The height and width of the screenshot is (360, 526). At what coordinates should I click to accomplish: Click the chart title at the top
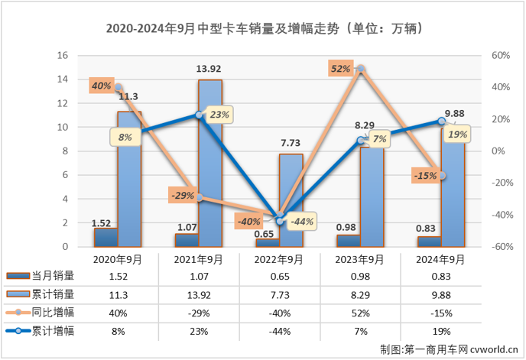263,29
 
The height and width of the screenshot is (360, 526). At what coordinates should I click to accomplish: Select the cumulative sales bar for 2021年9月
210,164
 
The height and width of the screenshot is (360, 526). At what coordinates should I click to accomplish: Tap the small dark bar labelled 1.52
106,238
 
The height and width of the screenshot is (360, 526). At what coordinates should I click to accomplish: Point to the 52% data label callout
341,69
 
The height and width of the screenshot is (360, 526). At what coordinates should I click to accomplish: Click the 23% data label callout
219,115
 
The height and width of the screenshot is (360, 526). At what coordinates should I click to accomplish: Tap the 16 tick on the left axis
63,56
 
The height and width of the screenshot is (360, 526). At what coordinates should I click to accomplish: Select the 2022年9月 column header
278,260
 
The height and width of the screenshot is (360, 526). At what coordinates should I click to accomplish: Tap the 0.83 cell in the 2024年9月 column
441,276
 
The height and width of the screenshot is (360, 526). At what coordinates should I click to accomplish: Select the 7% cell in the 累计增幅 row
359,331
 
